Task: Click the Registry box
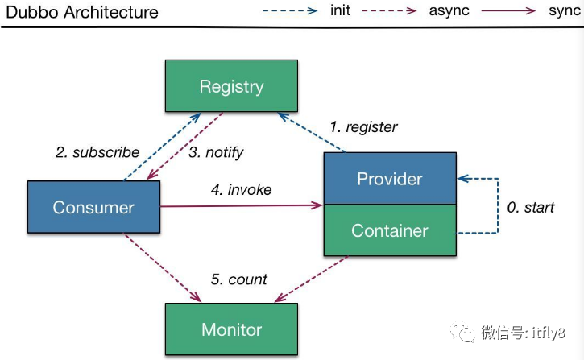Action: click(x=231, y=86)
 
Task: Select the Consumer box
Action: click(x=93, y=207)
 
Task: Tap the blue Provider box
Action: click(x=390, y=178)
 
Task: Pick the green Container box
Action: click(x=390, y=230)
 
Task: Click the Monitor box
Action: click(x=231, y=329)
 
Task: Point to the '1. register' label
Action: click(x=363, y=127)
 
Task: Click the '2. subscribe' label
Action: click(x=97, y=152)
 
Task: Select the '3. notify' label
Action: click(x=216, y=152)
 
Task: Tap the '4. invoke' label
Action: click(x=242, y=190)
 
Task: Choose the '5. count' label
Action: click(x=239, y=279)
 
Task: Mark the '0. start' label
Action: click(x=530, y=207)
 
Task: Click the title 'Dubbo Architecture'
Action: click(x=82, y=12)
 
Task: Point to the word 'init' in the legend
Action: click(x=341, y=11)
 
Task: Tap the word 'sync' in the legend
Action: click(x=564, y=11)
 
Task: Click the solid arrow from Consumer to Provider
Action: click(x=242, y=206)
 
